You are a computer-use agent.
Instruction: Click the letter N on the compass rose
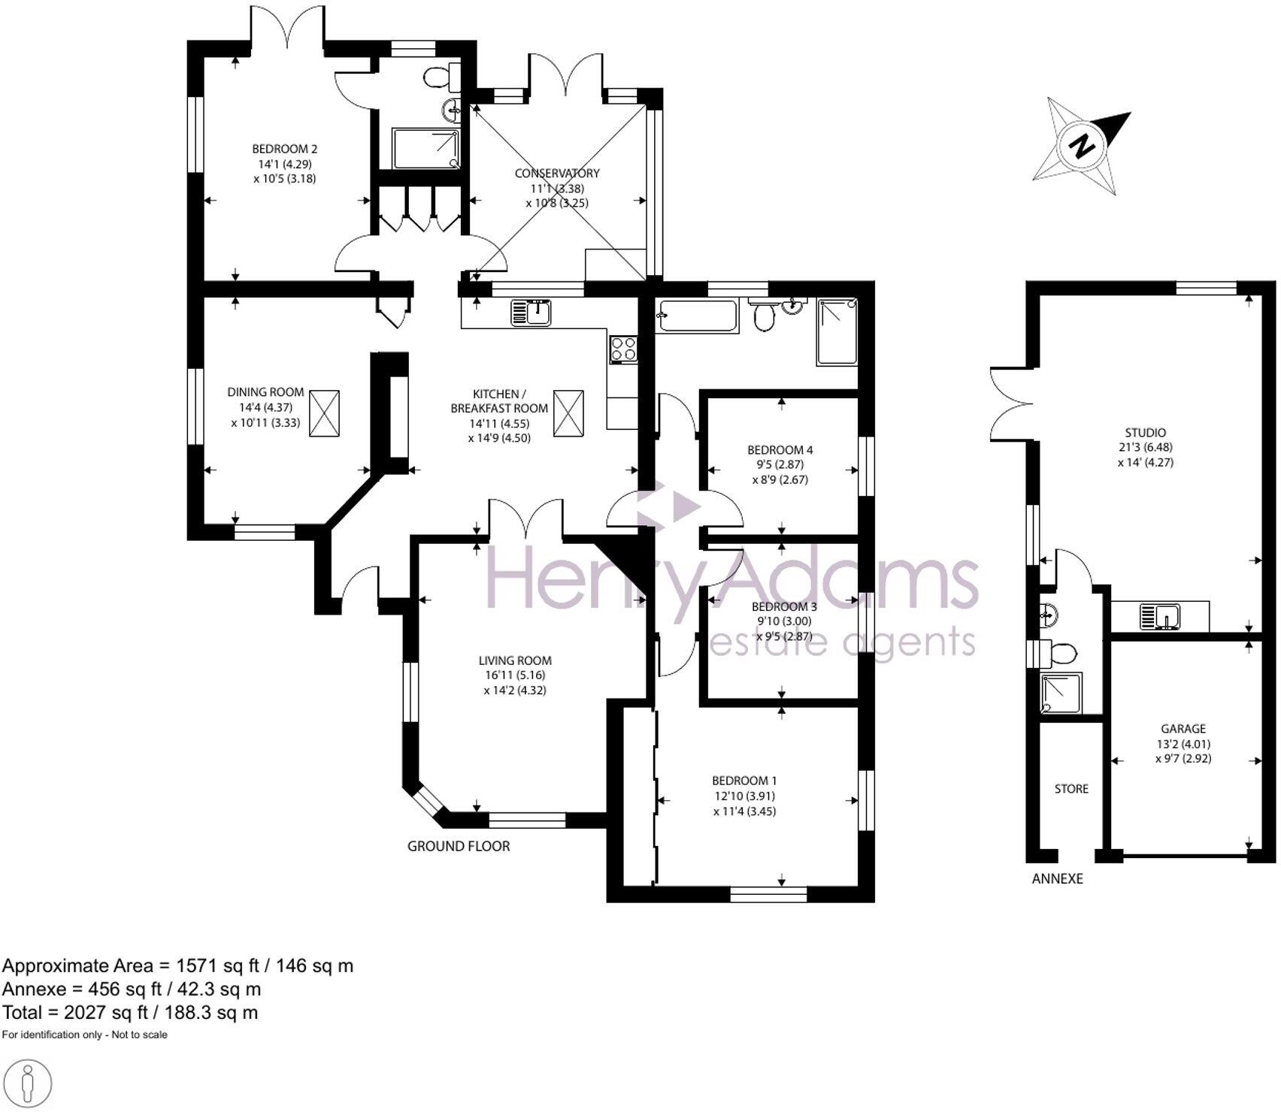[x=1083, y=144]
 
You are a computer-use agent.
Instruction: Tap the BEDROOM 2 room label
[x=284, y=149]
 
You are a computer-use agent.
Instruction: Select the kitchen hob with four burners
[x=624, y=349]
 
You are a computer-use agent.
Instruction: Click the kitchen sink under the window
[x=531, y=312]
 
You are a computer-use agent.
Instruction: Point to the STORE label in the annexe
[x=1071, y=789]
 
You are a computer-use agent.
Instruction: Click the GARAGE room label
[x=1183, y=729]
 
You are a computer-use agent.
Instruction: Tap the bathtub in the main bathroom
[x=696, y=316]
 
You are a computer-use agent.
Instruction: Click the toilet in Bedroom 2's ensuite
[x=440, y=76]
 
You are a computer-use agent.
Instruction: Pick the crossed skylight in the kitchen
[x=568, y=412]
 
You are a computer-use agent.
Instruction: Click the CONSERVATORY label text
[x=557, y=173]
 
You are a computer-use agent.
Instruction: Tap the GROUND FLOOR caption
[x=459, y=846]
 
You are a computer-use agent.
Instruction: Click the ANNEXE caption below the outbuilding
[x=1057, y=878]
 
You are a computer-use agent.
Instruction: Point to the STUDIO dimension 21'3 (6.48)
[x=1145, y=447]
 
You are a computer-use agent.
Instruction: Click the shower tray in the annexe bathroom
[x=1061, y=693]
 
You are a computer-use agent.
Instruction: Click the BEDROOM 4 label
[x=780, y=450]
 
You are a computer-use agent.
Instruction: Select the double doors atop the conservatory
[x=565, y=75]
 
